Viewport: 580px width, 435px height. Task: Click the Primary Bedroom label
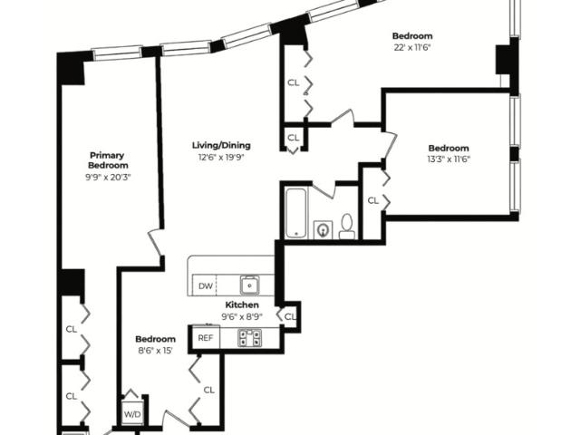click(108, 160)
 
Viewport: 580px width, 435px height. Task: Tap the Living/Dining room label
click(221, 145)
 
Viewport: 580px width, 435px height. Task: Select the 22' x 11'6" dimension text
click(412, 48)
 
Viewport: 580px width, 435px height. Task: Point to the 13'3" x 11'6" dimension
click(449, 159)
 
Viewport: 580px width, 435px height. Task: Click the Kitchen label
click(242, 305)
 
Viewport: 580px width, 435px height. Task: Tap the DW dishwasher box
click(205, 285)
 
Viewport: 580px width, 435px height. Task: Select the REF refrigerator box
click(206, 337)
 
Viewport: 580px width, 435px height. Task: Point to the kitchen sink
click(250, 285)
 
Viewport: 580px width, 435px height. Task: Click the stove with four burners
click(249, 338)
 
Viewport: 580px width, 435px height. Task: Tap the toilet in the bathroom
click(346, 227)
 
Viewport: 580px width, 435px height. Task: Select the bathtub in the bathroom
click(296, 214)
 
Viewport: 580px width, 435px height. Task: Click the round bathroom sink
click(323, 230)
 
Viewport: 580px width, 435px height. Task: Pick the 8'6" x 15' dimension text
click(155, 351)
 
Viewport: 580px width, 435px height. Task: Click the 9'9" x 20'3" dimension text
click(108, 178)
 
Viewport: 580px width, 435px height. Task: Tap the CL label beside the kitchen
click(290, 316)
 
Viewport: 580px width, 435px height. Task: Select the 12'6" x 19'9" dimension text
click(221, 158)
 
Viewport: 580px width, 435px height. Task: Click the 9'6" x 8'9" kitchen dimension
click(242, 316)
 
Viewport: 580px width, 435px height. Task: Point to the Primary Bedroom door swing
click(155, 243)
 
